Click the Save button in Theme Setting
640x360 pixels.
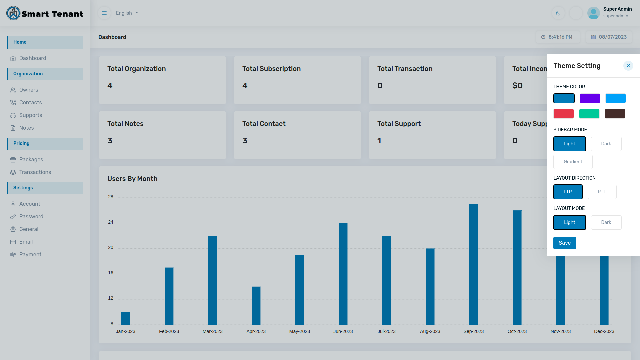564,243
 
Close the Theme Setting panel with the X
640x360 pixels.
628,66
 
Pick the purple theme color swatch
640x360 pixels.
590,98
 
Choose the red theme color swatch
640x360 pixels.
563,114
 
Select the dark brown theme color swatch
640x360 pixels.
615,114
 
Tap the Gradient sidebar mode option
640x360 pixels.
573,162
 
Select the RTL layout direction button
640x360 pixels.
602,192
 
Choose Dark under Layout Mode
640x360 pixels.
606,222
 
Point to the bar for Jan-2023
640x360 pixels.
125,318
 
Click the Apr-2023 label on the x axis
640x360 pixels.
256,331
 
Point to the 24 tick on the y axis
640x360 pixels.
111,222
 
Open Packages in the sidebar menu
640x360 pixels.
31,159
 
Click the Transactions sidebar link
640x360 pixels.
35,172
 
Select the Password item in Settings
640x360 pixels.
31,216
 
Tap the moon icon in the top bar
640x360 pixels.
558,13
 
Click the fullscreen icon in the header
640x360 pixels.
576,13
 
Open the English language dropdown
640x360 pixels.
127,13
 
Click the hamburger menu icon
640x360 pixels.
104,13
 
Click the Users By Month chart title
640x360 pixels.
132,179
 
